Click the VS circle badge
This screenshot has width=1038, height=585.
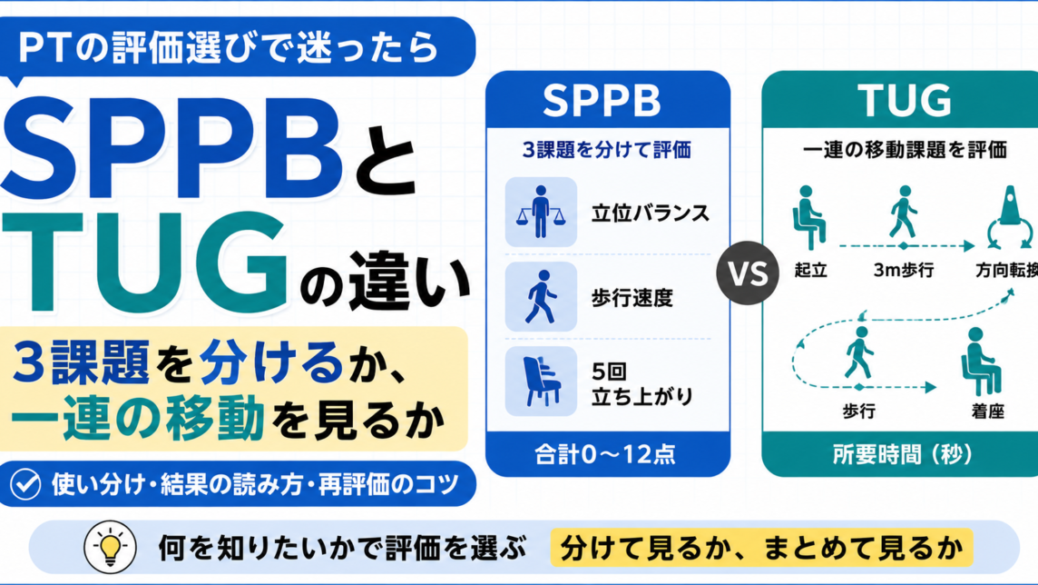pos(748,273)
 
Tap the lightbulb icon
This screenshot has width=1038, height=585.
pos(110,547)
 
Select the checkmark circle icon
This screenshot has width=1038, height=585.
pos(25,483)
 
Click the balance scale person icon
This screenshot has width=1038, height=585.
pos(541,212)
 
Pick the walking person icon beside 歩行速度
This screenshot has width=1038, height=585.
pos(541,296)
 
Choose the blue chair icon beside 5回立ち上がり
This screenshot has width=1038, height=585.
pos(541,381)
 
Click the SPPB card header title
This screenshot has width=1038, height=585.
pos(602,100)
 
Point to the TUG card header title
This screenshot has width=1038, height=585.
pos(905,100)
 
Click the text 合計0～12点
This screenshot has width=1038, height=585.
pos(605,454)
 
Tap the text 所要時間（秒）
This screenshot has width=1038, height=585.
pos(903,454)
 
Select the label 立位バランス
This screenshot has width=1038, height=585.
pos(651,213)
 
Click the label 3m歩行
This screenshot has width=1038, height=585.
pos(904,271)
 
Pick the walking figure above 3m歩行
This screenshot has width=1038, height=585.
pos(902,212)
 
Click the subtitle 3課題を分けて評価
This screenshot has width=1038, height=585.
pos(607,150)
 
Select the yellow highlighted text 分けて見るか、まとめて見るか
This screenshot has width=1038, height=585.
pos(761,548)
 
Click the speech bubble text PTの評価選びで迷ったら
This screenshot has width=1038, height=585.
pos(229,48)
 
